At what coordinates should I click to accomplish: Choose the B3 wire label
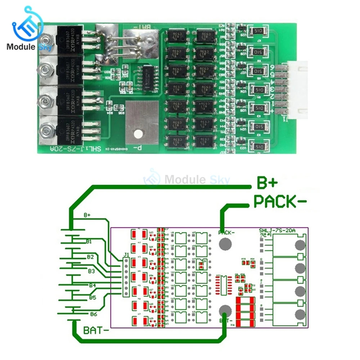click(x=91, y=271)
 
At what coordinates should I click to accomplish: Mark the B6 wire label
click(x=94, y=314)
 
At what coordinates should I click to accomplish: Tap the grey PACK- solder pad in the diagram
click(x=226, y=244)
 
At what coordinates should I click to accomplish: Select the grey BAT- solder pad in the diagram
click(x=226, y=310)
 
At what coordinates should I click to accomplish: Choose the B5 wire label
click(x=93, y=297)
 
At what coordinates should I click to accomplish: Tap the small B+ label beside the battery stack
click(x=87, y=215)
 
